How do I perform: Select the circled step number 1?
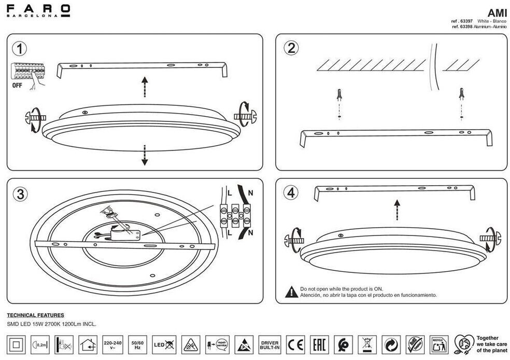[19, 49]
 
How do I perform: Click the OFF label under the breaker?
[17, 86]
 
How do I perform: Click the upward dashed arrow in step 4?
[396, 210]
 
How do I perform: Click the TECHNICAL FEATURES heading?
[35, 315]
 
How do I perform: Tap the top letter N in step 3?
[251, 193]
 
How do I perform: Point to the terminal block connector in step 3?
[235, 215]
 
